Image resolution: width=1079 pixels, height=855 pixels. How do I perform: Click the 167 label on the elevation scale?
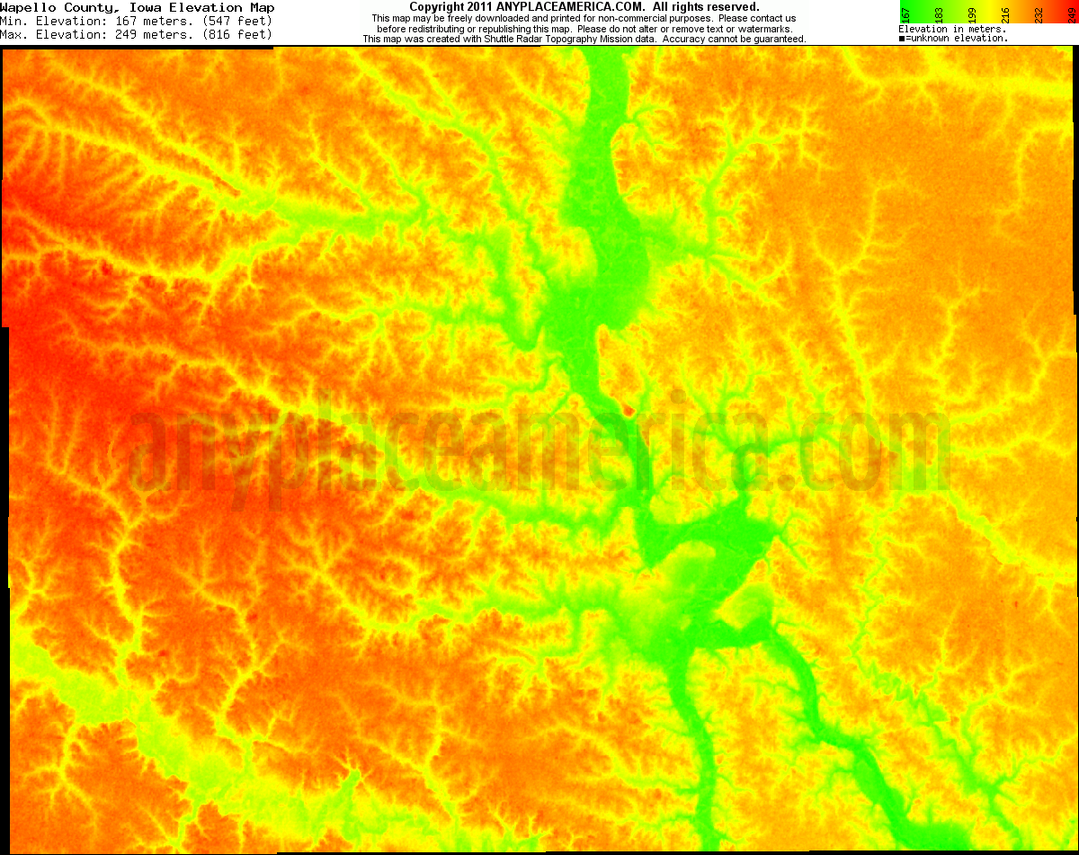click(905, 14)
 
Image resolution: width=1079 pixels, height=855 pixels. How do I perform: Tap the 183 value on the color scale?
click(939, 14)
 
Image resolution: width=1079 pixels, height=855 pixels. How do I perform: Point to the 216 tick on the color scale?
click(1005, 14)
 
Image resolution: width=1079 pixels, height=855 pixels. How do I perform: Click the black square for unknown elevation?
click(902, 39)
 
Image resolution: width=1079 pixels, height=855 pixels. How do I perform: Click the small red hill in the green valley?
click(628, 410)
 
